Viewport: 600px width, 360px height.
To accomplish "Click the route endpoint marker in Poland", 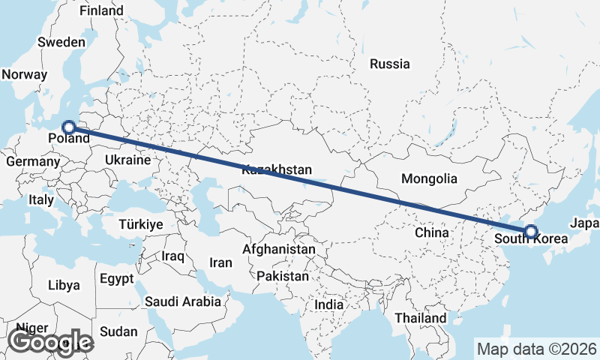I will click(68, 127).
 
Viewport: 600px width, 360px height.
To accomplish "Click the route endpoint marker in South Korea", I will click(530, 232).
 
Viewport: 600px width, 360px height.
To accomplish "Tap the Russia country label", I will click(390, 64).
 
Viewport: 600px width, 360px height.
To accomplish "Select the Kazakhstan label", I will click(277, 170).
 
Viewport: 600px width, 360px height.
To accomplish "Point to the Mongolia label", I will click(429, 178).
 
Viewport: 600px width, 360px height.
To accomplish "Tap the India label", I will click(328, 304).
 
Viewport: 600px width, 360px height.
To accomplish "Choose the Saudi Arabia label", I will click(183, 301).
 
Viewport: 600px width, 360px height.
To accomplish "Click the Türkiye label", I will click(141, 224).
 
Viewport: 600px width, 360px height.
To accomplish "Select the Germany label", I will click(32, 161).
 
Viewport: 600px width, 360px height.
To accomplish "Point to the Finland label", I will click(101, 11).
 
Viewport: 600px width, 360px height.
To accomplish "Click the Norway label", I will click(24, 74).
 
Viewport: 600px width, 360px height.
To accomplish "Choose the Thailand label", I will click(421, 318).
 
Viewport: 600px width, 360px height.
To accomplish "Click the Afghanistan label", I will click(279, 249).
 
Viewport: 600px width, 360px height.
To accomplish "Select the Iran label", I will click(220, 262).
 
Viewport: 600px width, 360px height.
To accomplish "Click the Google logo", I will click(51, 342).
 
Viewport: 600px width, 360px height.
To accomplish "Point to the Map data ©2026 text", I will click(536, 349).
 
